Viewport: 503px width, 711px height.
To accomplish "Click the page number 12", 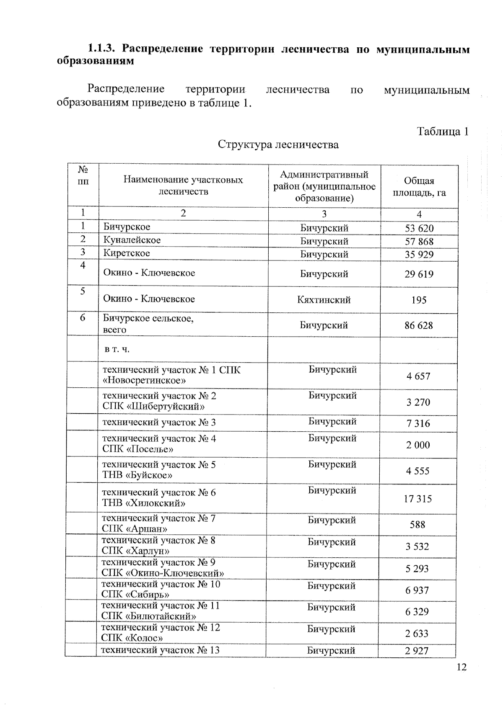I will coord(461,667).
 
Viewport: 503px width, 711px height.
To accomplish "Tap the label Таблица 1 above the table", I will coord(442,131).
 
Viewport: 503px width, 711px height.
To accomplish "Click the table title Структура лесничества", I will coord(278,144).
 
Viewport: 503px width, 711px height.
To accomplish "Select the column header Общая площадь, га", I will coord(419,187).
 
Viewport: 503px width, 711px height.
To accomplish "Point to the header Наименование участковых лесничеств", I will coord(183,185).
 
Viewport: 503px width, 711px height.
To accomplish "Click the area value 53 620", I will coord(419,228).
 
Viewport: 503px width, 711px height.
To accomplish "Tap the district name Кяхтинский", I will coord(324,300).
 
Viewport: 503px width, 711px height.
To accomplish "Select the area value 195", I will coord(419,300).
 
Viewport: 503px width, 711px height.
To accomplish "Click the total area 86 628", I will coord(418,325).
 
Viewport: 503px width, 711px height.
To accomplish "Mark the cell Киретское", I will coord(127,253).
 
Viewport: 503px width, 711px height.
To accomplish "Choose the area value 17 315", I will coord(417,499).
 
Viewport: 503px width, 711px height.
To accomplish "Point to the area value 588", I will coord(417,525).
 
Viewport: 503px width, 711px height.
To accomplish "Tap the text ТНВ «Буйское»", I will coord(137,475).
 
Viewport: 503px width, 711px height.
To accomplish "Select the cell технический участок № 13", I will coord(161,650).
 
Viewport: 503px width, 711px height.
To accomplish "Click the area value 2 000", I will coord(417,445).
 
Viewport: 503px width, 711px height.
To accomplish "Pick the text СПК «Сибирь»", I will coord(135,594).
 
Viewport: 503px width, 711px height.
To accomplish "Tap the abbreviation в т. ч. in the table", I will coord(117,349).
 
